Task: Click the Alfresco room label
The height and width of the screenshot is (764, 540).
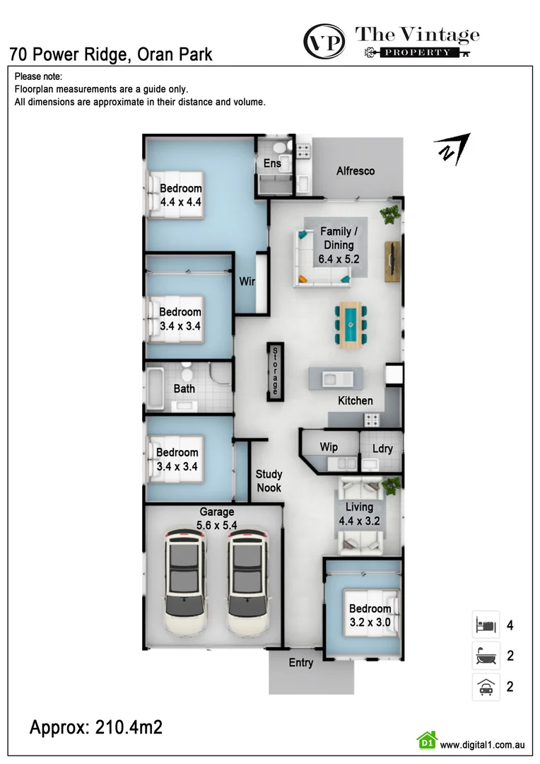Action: (356, 171)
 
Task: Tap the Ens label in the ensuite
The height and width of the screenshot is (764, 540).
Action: (272, 163)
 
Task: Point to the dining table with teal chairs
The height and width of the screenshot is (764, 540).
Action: (350, 325)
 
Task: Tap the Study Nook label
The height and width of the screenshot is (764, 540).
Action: (269, 481)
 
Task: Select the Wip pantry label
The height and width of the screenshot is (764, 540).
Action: (329, 447)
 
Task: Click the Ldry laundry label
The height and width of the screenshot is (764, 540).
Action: (382, 448)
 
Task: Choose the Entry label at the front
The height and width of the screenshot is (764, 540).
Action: (300, 663)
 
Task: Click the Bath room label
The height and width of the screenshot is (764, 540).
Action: (184, 388)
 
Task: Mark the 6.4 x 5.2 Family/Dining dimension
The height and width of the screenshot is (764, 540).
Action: (339, 259)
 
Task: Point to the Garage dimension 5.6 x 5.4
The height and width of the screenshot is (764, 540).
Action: (216, 526)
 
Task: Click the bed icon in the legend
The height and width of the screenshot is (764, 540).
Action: (486, 625)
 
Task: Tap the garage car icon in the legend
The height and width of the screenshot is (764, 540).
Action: (486, 687)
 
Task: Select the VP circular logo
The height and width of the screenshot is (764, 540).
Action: (324, 41)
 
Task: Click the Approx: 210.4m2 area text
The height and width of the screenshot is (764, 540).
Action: (96, 727)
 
